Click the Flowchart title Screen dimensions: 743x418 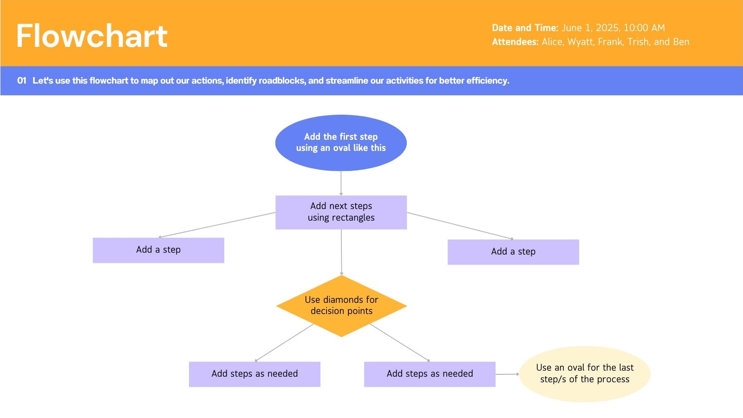tap(92, 36)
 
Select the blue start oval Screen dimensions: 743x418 tap(341, 143)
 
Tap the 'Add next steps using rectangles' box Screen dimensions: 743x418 tap(341, 212)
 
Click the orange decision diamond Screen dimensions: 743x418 tap(341, 306)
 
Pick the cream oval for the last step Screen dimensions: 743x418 tap(585, 374)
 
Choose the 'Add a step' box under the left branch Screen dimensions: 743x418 tap(158, 250)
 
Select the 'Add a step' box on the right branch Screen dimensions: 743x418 tap(513, 252)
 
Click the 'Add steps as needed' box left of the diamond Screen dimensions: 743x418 tap(255, 374)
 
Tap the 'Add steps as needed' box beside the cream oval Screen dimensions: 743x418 tap(430, 374)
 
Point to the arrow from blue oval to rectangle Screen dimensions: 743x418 tap(341, 183)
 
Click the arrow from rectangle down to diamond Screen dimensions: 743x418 tap(341, 252)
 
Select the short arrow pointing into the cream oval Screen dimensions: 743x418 tap(508, 374)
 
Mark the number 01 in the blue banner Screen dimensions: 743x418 tap(21, 81)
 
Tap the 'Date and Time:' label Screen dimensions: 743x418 tap(525, 28)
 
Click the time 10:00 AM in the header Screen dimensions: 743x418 tap(644, 28)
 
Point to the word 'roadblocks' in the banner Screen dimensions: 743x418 tap(282, 81)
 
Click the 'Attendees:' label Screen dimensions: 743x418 tap(515, 42)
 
